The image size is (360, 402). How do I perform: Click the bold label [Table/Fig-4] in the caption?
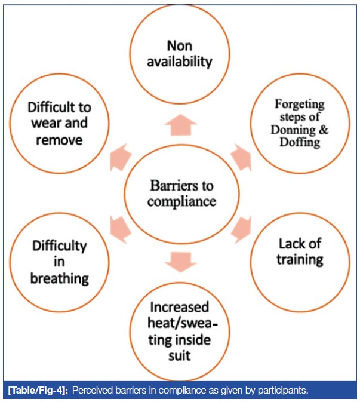tap(39, 391)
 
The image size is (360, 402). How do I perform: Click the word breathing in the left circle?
tap(61, 278)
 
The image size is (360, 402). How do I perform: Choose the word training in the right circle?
tap(301, 259)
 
